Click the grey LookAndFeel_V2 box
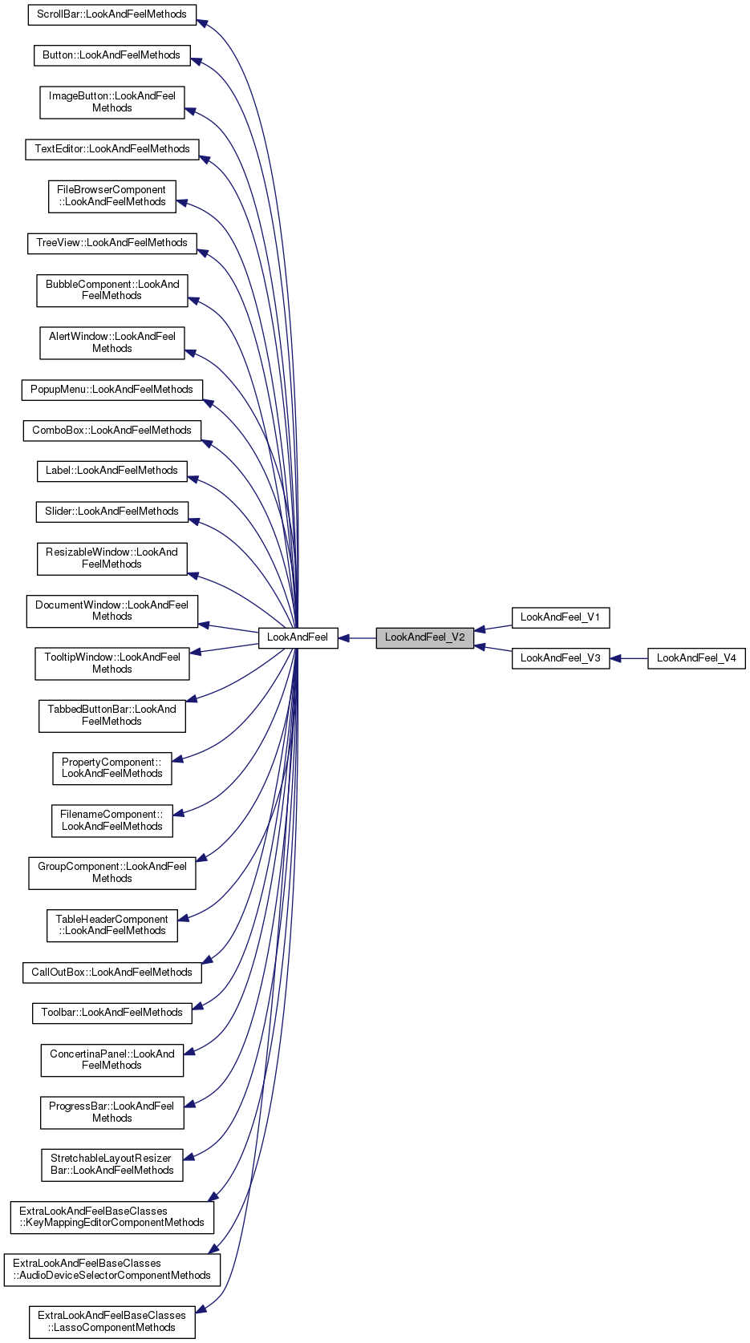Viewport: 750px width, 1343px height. click(424, 637)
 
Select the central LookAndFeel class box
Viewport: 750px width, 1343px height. click(298, 637)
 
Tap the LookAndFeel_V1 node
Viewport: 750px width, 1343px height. click(560, 617)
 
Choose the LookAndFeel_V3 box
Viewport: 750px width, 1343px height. click(560, 658)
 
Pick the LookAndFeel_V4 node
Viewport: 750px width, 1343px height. click(696, 658)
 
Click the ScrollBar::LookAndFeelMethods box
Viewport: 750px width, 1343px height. click(111, 14)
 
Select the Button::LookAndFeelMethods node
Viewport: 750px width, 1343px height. click(111, 55)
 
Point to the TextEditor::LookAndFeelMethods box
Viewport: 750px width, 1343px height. click(111, 149)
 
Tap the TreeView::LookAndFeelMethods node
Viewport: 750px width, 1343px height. click(111, 243)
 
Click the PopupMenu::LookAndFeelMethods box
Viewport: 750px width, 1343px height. click(111, 390)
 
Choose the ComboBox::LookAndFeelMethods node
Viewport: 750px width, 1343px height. click(111, 431)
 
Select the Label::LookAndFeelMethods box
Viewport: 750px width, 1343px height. click(111, 471)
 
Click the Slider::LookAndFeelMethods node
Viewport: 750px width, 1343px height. click(111, 512)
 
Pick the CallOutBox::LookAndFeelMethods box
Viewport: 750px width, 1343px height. click(111, 973)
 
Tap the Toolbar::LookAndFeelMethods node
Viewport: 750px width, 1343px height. click(111, 1013)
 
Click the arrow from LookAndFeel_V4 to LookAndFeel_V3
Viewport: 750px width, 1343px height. click(629, 659)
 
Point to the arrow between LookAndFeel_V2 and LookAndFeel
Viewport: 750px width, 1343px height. click(358, 638)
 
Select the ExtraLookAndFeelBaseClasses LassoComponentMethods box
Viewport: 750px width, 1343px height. click(111, 1321)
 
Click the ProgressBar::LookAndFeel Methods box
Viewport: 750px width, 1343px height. click(111, 1112)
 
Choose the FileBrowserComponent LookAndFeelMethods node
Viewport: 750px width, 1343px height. click(111, 196)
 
